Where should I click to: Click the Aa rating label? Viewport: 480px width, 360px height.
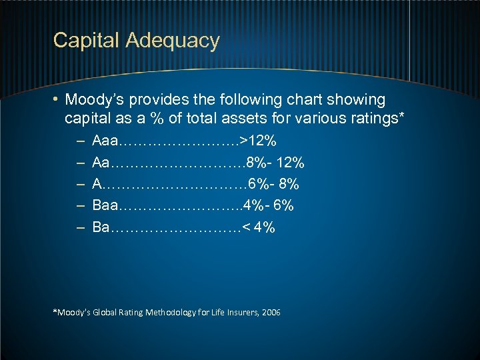click(x=101, y=162)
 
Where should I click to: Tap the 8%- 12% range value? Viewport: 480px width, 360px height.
click(x=275, y=162)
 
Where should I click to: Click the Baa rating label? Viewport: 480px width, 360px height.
click(x=106, y=205)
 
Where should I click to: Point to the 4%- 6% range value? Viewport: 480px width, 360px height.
click(x=269, y=205)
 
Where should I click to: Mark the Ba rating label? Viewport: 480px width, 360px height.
click(x=101, y=227)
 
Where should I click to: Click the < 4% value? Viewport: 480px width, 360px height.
click(x=259, y=227)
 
